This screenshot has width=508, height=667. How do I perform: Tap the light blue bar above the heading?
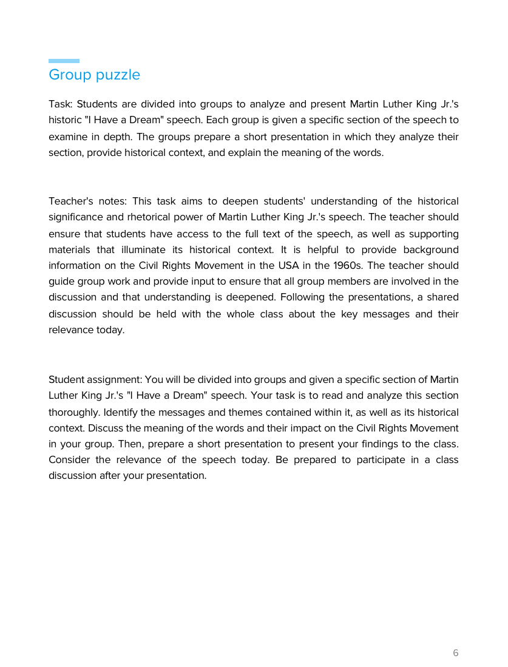64,61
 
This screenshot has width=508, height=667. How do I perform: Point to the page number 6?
456,653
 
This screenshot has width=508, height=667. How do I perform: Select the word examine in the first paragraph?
68,137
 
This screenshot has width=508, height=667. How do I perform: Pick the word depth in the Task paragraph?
120,137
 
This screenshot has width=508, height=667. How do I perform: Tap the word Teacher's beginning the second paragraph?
69,201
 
